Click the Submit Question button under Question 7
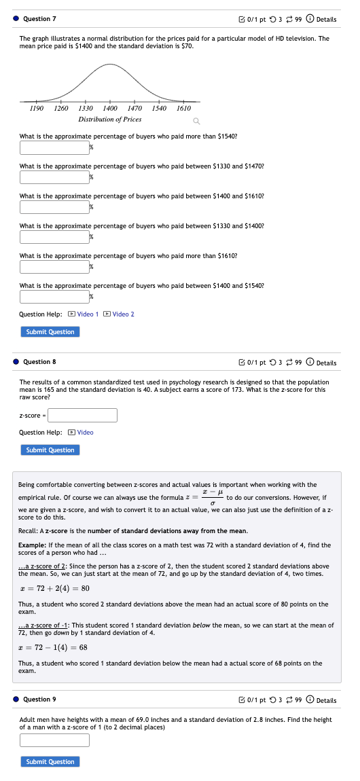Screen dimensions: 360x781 (x=50, y=331)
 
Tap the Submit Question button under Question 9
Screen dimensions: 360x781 (x=50, y=761)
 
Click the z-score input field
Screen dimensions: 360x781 (x=82, y=415)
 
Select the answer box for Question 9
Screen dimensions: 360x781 (x=54, y=740)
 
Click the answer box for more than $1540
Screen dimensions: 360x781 (x=54, y=147)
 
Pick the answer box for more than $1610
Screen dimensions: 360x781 (x=54, y=267)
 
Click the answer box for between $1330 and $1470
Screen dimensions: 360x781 (x=54, y=177)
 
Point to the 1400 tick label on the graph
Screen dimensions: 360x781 (x=110, y=108)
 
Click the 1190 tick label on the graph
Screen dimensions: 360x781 (x=37, y=108)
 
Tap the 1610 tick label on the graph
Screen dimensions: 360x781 (x=183, y=108)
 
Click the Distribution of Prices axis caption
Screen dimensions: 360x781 (x=110, y=119)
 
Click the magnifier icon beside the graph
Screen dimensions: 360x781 (x=196, y=122)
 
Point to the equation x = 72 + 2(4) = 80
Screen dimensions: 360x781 (x=54, y=588)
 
